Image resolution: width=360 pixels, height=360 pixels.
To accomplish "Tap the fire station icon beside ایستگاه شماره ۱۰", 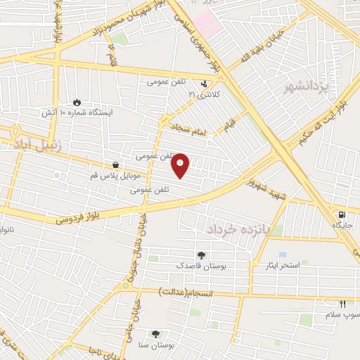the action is point(77,101).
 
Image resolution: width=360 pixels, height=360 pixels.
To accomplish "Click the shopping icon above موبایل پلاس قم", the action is point(115,165).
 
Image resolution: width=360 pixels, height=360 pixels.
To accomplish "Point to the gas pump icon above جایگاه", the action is point(342,215).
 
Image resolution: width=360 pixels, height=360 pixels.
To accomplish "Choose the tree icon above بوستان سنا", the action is point(155,335).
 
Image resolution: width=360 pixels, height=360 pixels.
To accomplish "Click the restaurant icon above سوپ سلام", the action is point(343,304).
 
